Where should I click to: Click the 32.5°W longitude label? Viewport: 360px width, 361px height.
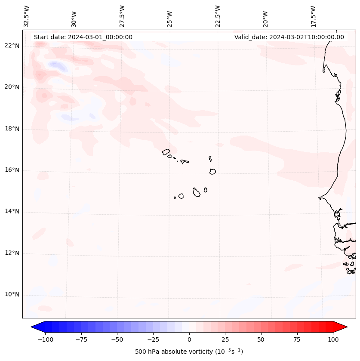27,16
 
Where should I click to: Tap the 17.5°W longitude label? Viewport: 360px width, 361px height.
313,16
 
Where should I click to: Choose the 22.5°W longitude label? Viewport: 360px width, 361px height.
218,16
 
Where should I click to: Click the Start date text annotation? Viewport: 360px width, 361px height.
83,37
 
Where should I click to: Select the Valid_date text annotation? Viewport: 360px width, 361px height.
289,37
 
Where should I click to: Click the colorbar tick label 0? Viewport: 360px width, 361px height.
189,339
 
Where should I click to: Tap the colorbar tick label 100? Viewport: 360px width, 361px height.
333,339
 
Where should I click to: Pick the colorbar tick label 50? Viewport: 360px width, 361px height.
261,339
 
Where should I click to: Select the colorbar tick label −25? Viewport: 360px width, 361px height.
153,339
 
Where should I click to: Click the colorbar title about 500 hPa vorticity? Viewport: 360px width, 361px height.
189,352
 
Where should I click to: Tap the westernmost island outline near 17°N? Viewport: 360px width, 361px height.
166,152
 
